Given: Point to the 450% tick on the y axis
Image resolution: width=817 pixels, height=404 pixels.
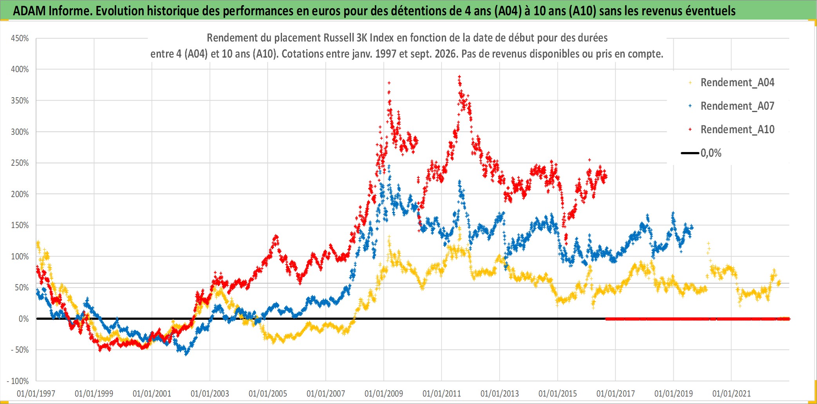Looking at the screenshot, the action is pyautogui.click(x=20, y=38).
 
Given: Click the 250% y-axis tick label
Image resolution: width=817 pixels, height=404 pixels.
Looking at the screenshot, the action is pyautogui.click(x=20, y=163).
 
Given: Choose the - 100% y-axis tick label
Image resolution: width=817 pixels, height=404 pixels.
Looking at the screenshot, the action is pyautogui.click(x=18, y=381).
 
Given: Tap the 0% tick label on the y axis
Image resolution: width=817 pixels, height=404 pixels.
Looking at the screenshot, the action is pyautogui.click(x=24, y=319).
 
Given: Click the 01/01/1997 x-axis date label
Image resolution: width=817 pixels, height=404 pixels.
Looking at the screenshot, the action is pyautogui.click(x=36, y=393).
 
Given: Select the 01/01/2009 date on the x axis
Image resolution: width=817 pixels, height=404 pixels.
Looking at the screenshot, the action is pyautogui.click(x=384, y=393).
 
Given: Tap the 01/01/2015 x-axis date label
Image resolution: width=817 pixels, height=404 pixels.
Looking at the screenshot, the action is pyautogui.click(x=558, y=393).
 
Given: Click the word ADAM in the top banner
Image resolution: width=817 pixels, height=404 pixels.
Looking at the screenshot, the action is pyautogui.click(x=29, y=11).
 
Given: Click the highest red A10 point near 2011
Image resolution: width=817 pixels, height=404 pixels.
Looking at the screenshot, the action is pyautogui.click(x=459, y=76).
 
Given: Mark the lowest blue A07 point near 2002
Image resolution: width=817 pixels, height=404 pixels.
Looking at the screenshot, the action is pyautogui.click(x=186, y=354).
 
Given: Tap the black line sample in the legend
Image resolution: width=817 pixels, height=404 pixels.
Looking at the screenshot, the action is pyautogui.click(x=690, y=153).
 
